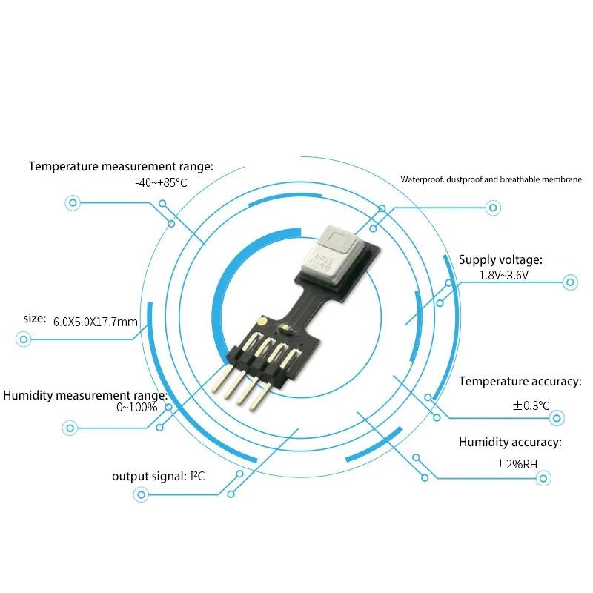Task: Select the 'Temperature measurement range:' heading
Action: pos(121,166)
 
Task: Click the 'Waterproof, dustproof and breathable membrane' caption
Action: pos(491,179)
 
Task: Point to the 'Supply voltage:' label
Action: pos(500,259)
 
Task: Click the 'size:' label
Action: pos(35,318)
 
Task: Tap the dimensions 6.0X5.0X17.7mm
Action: pos(96,322)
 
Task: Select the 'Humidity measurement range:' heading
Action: pos(85,395)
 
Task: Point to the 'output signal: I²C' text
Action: pos(158,475)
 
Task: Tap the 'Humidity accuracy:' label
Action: pos(510,443)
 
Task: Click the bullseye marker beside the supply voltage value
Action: pos(570,282)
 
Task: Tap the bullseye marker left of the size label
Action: pos(24,340)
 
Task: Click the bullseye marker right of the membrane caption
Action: pos(493,208)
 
